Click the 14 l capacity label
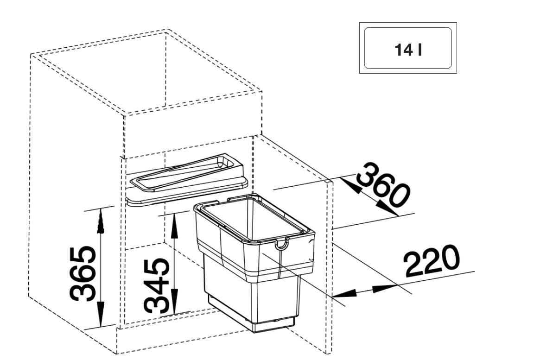(x=408, y=50)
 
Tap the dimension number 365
(x=83, y=273)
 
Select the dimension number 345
(x=157, y=286)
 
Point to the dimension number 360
(x=383, y=185)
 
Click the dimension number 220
(x=431, y=260)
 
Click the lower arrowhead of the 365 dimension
(x=100, y=314)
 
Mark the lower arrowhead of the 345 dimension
(x=175, y=302)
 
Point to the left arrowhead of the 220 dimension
(x=345, y=294)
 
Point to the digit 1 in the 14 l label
(x=398, y=50)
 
